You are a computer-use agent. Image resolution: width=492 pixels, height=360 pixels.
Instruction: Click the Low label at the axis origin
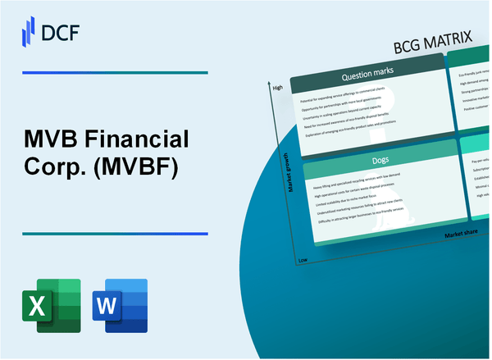(x=302, y=258)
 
